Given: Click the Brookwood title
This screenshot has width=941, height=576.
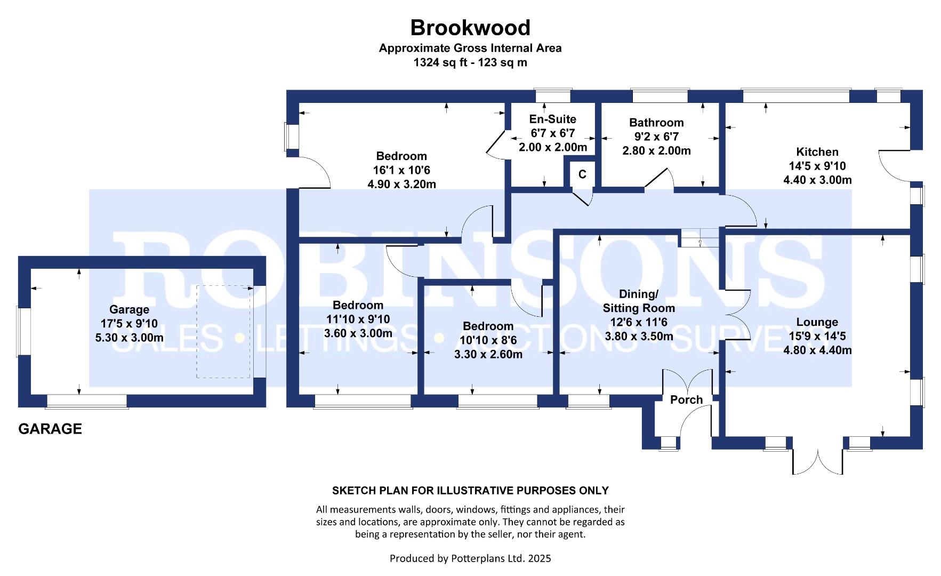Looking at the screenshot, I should (470, 27).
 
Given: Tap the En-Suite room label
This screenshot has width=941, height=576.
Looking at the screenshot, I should (552, 119).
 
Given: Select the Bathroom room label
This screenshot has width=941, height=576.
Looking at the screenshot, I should (656, 123).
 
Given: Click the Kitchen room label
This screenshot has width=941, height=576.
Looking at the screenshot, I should (817, 152).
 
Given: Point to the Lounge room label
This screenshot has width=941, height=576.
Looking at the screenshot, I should (817, 322).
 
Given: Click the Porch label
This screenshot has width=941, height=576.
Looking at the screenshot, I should (686, 400).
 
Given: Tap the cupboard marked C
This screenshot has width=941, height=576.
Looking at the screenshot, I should (582, 174).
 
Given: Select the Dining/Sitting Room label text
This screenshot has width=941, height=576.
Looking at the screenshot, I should (639, 301).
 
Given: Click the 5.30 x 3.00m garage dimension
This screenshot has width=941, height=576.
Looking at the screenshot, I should (129, 338).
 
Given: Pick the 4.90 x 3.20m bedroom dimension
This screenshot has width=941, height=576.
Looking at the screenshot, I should (401, 185).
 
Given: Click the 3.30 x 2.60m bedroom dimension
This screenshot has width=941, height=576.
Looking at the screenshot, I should (488, 354).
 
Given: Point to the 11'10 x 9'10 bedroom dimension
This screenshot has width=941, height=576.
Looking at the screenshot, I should (358, 319).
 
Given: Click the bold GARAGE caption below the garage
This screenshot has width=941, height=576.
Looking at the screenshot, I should (50, 429).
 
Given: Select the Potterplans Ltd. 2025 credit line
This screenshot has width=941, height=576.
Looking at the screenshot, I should (470, 558).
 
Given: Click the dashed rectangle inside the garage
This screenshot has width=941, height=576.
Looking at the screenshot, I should (223, 332).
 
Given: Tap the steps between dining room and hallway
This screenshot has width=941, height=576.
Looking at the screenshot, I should (699, 238).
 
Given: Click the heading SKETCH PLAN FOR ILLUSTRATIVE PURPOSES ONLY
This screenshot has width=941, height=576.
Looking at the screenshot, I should (470, 491).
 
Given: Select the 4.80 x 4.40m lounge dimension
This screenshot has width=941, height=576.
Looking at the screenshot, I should (817, 350).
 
